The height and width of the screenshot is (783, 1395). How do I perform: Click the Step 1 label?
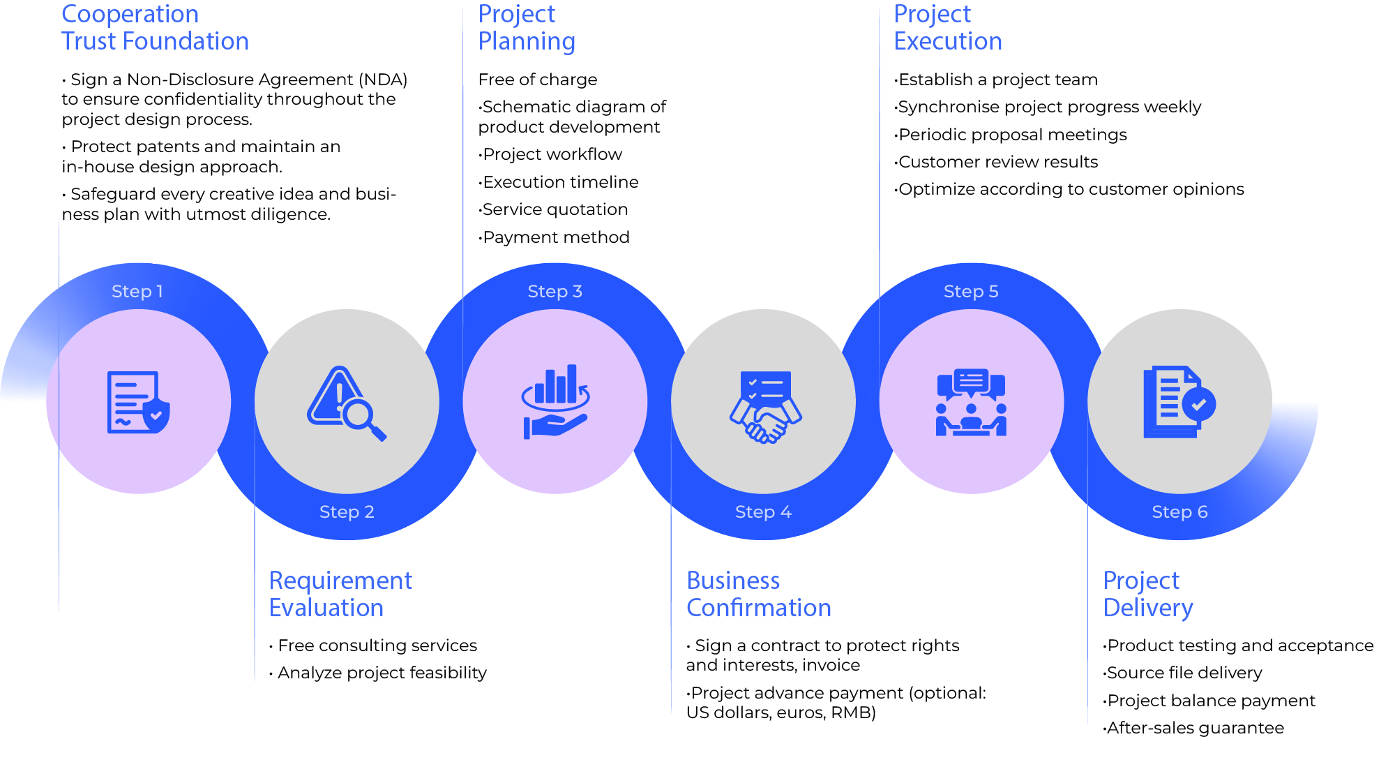click(137, 292)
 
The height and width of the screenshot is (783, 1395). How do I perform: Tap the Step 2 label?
click(347, 512)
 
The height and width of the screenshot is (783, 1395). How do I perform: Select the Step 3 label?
click(555, 292)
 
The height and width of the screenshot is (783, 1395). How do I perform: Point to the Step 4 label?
click(763, 512)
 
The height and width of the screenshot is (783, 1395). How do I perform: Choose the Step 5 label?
click(971, 292)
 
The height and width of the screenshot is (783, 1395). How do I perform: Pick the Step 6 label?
click(1179, 512)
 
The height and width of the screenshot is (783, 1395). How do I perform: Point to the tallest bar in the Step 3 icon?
click(573, 383)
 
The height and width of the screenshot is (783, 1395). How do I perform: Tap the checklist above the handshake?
click(766, 386)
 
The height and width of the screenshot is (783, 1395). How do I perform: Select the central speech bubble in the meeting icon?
click(971, 381)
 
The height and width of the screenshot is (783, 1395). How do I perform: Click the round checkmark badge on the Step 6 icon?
click(1199, 404)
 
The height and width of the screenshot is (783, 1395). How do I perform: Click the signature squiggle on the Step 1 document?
click(123, 422)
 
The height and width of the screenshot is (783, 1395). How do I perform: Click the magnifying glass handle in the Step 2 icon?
click(378, 433)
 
